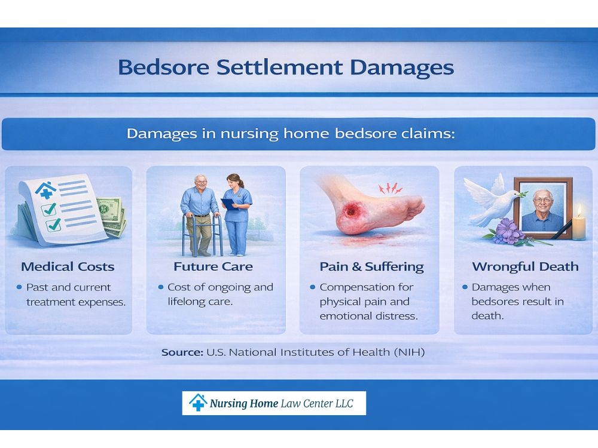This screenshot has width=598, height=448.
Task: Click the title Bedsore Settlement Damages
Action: click(286, 67)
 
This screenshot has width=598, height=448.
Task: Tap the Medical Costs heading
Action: click(68, 266)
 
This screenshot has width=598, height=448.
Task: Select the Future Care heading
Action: click(213, 266)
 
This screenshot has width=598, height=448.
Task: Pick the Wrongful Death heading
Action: click(525, 266)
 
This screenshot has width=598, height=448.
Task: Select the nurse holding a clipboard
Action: click(236, 212)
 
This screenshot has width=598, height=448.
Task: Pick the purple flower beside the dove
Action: click(506, 230)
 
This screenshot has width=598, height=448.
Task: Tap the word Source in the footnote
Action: click(182, 352)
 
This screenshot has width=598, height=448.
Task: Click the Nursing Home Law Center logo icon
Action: click(197, 403)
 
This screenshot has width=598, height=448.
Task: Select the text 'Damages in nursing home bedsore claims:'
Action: click(291, 134)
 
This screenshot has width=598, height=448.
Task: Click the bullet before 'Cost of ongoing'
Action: click(161, 287)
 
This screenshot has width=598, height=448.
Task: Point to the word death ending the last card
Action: click(487, 316)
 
